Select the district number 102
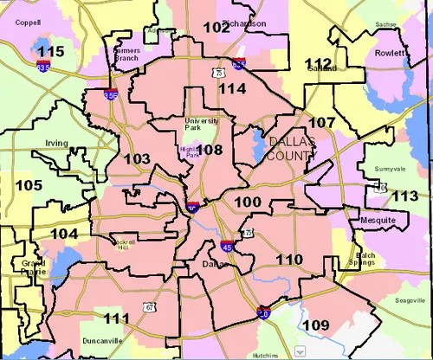(x=216, y=27)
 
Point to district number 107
(x=321, y=123)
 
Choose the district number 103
(x=137, y=159)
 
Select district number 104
(x=64, y=234)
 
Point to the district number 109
(x=316, y=325)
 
